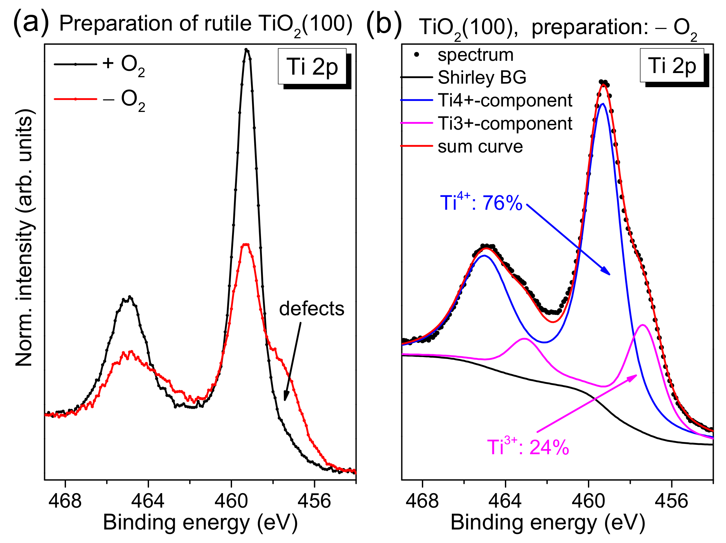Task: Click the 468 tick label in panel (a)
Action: [65, 501]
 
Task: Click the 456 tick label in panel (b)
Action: [672, 501]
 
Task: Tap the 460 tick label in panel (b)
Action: [589, 501]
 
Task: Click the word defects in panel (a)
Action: [311, 309]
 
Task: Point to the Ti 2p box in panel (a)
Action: [312, 67]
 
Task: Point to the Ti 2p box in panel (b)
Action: [672, 66]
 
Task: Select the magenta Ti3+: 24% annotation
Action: [528, 447]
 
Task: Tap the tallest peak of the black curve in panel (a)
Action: [247, 50]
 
